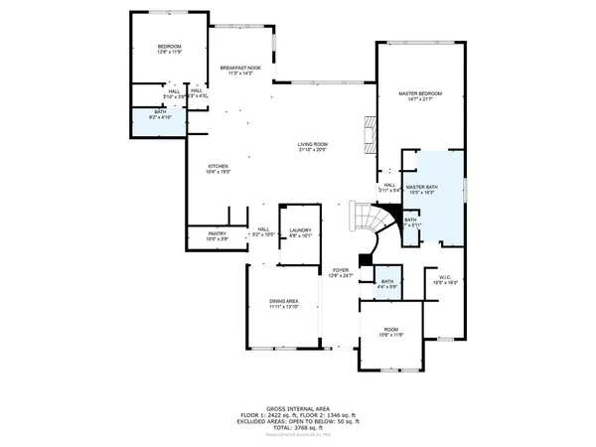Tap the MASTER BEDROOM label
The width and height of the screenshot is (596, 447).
pos(419,93)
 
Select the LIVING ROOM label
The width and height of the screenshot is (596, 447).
pos(313,145)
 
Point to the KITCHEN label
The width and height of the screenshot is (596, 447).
pos(218,166)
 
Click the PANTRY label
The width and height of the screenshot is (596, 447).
pos(217,233)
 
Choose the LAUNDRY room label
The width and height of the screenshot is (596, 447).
pos(300,230)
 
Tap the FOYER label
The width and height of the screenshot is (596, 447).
pos(341,269)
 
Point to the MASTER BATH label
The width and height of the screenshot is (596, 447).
pos(422,186)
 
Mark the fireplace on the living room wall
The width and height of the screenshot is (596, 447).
pos(371,135)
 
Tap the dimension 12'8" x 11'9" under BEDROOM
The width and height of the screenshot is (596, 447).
pos(169,53)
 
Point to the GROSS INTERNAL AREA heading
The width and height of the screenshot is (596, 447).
pos(297,408)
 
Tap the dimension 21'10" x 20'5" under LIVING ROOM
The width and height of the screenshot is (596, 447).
pos(313,151)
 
